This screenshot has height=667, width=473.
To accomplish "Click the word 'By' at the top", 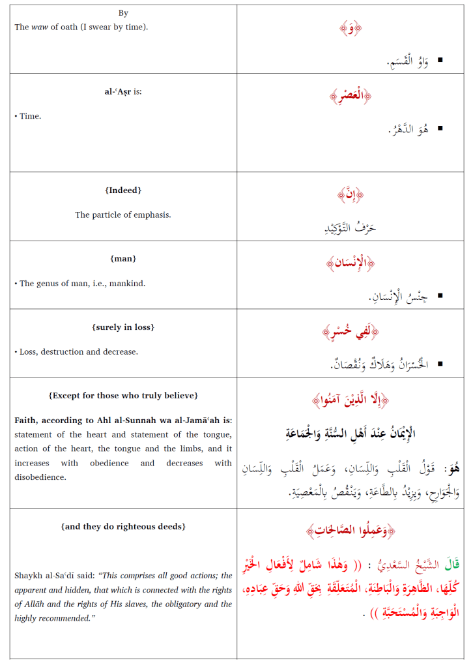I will coord(123,13).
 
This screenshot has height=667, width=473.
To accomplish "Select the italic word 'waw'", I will coord(39,27).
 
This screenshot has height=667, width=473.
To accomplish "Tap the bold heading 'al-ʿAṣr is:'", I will coord(123,91).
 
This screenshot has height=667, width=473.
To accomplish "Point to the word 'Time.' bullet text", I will coord(30,116).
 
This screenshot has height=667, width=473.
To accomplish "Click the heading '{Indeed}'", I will coord(123,190).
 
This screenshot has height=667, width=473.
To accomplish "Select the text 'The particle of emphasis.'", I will coord(123,215).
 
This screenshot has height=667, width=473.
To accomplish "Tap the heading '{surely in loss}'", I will coord(123,327).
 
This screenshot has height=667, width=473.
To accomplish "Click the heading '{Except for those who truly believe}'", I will coord(123,396).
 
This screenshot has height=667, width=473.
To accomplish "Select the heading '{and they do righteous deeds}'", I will coord(123,527).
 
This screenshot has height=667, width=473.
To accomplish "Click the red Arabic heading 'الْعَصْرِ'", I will coord(351,97).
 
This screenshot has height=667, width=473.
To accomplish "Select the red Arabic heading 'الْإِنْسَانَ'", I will coord(351,263).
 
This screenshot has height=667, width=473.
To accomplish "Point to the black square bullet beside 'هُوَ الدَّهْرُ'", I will coord(440,128).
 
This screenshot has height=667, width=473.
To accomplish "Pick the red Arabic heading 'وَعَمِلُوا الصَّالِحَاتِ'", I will coord(351,531).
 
